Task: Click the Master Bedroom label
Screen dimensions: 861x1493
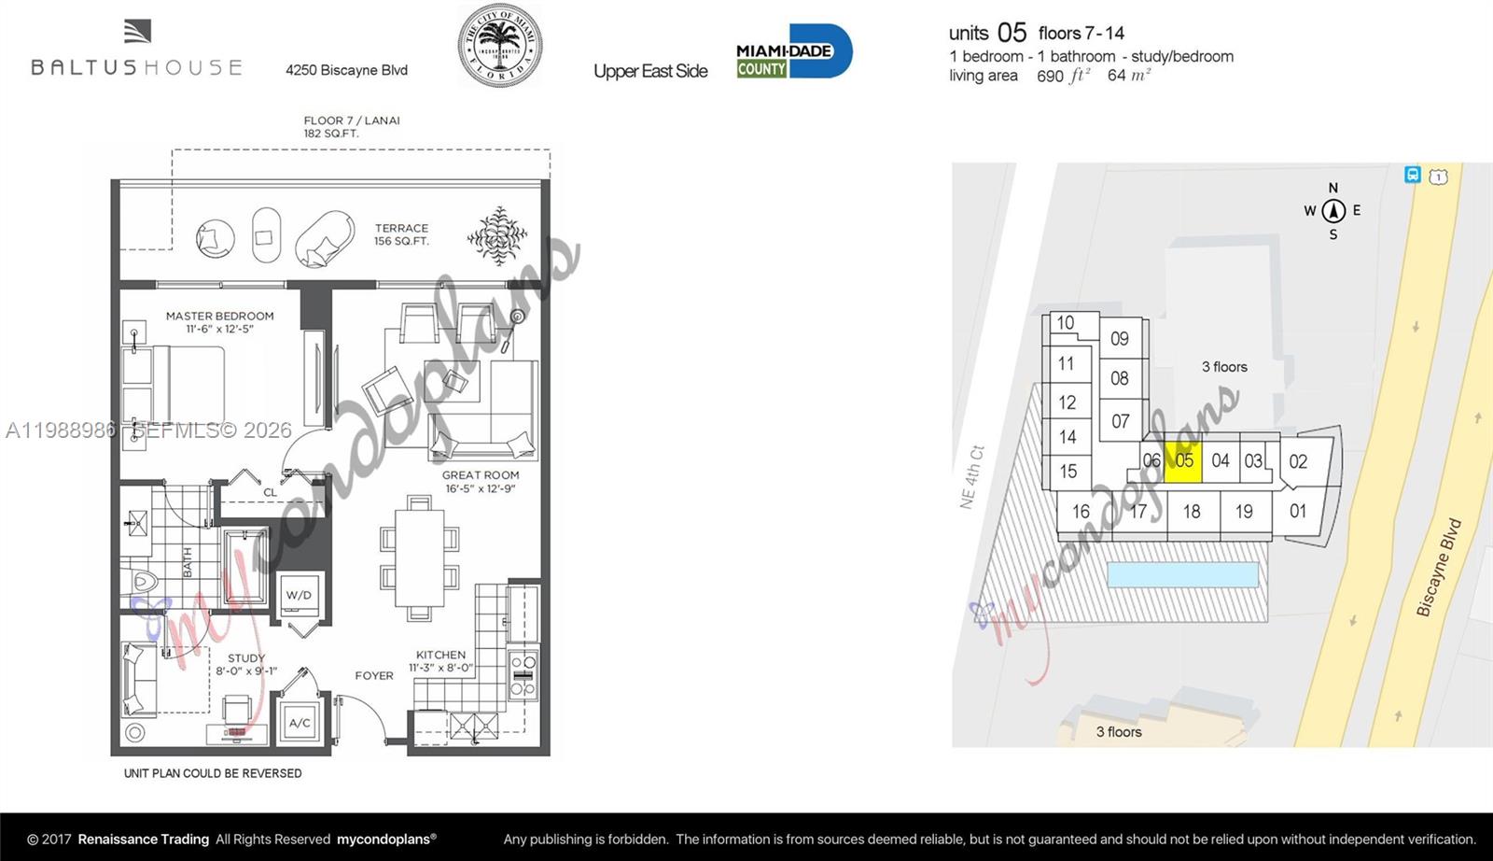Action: click(x=220, y=321)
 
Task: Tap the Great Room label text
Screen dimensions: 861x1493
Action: click(x=481, y=481)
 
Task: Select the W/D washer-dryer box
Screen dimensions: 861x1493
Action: click(x=300, y=595)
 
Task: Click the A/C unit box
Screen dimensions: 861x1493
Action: click(x=300, y=723)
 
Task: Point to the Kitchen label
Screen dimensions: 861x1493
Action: click(x=440, y=661)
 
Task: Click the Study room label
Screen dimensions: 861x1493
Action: click(x=246, y=664)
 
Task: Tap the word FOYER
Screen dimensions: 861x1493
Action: click(x=374, y=675)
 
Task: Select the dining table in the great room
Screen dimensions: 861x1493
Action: click(x=419, y=558)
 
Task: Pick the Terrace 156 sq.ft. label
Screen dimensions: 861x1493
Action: click(x=401, y=234)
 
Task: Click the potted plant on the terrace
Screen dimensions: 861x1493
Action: click(x=497, y=235)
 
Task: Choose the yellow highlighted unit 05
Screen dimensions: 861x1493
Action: click(x=1184, y=460)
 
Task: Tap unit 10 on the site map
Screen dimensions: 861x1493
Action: click(x=1065, y=323)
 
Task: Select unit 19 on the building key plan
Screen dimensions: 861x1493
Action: click(x=1244, y=512)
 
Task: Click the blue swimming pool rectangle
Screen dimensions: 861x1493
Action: click(x=1182, y=574)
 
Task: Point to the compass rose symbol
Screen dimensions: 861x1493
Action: click(x=1333, y=211)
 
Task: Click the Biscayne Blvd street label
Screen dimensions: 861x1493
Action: click(x=1439, y=568)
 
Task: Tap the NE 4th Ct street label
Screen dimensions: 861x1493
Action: click(x=971, y=477)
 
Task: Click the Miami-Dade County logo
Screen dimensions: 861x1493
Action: click(x=793, y=51)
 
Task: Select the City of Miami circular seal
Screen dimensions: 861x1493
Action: click(x=499, y=46)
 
